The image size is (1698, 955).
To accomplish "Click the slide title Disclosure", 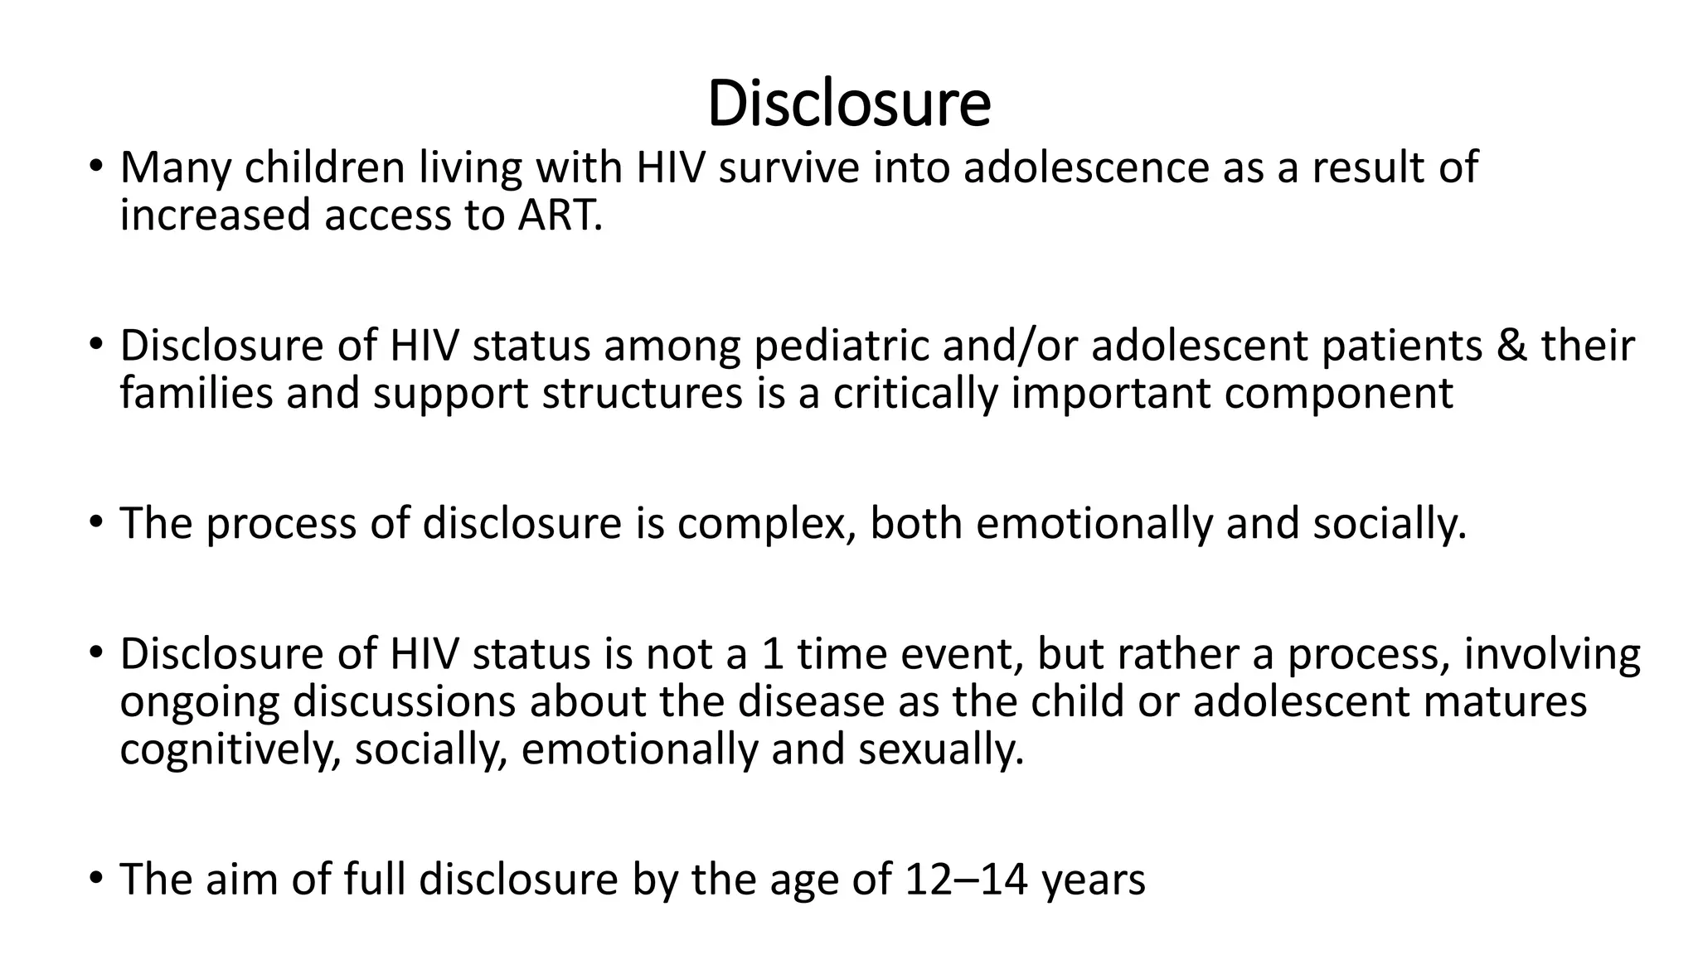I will pyautogui.click(x=849, y=104).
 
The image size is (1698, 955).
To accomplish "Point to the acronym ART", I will pyautogui.click(x=556, y=216).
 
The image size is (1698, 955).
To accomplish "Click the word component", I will pyautogui.click(x=1338, y=395).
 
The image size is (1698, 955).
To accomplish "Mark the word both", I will pyautogui.click(x=915, y=523).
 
